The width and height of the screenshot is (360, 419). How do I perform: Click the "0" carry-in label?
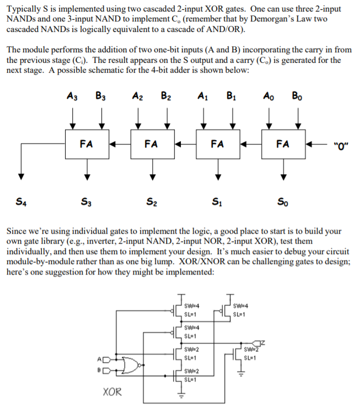click(340, 146)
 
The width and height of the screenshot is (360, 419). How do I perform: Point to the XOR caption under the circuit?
click(113, 392)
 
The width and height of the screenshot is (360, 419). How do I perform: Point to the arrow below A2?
click(138, 117)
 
